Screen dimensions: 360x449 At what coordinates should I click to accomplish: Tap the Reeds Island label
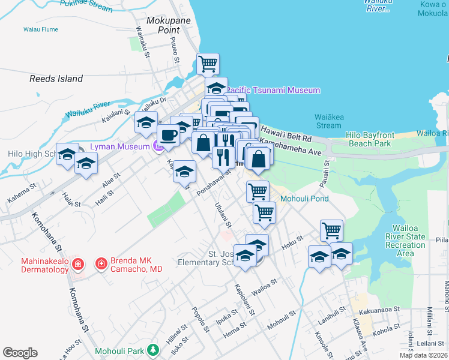(x=56, y=79)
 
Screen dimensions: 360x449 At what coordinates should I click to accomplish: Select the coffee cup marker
(x=169, y=135)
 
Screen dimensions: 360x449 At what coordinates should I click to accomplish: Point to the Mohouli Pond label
(x=303, y=198)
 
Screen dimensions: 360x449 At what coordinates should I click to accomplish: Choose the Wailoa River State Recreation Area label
(x=409, y=241)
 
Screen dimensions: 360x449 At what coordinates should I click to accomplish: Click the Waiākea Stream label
(x=328, y=121)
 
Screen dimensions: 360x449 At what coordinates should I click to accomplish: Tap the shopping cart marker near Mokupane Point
(x=208, y=64)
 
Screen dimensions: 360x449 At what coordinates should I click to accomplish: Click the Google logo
(x=20, y=353)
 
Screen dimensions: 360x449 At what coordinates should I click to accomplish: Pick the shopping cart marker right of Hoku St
(x=331, y=230)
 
